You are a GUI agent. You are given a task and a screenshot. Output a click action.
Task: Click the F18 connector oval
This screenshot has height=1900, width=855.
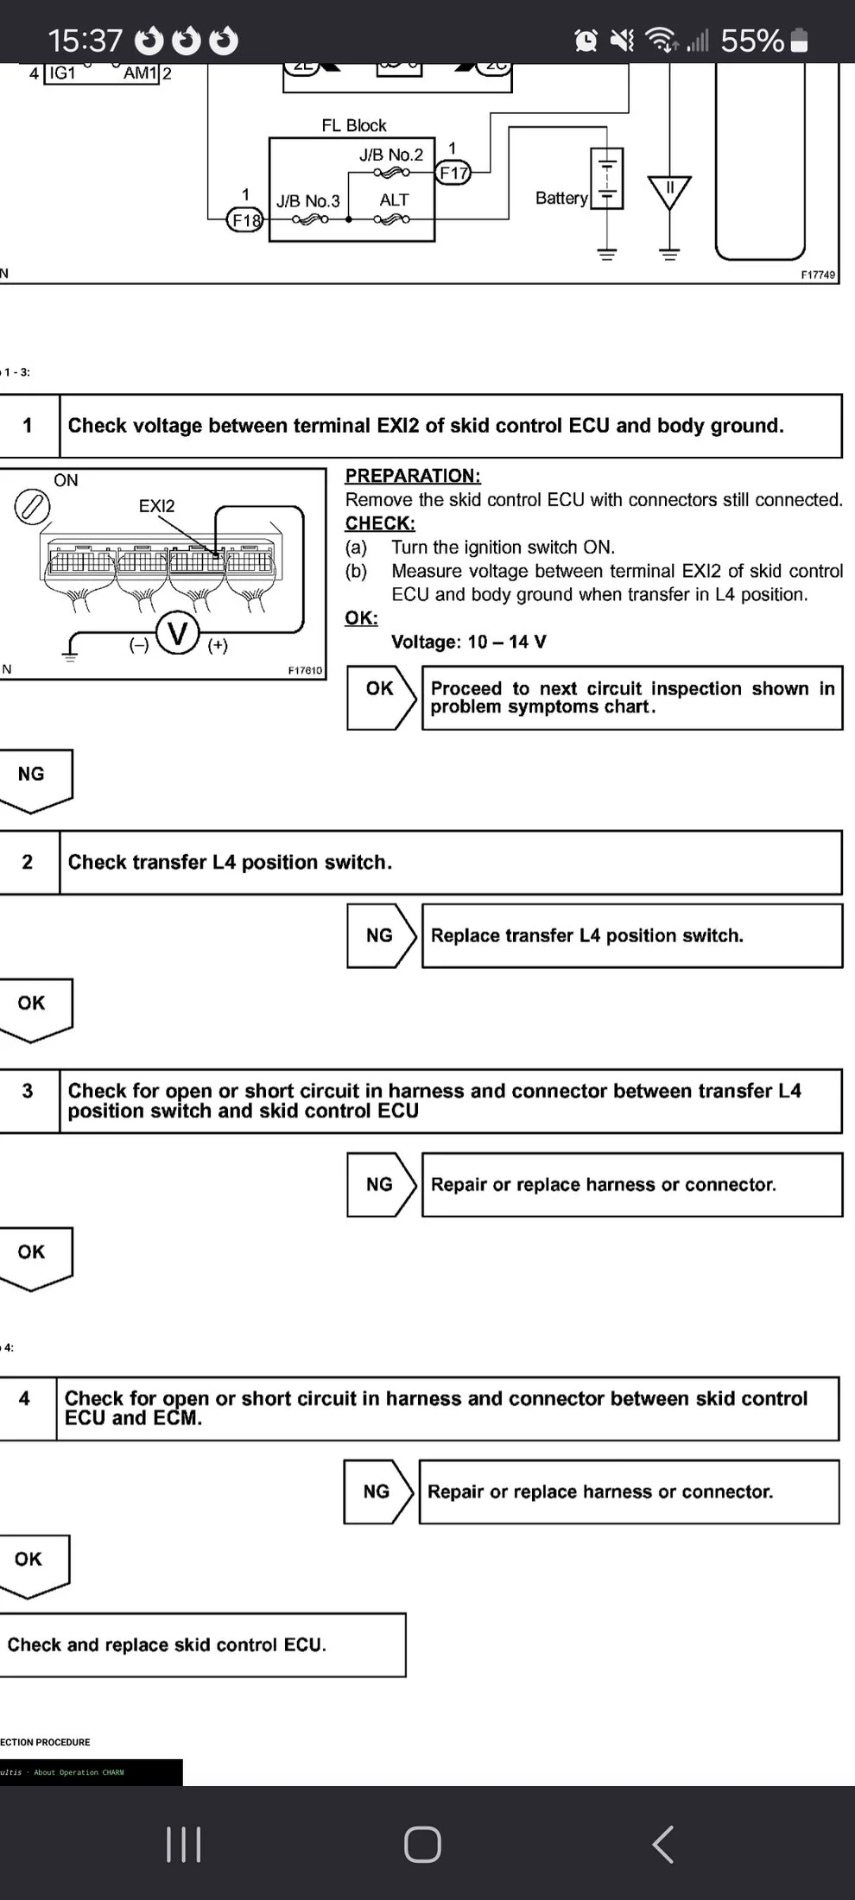245,220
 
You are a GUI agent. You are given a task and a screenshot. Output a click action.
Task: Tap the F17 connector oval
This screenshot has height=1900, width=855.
453,173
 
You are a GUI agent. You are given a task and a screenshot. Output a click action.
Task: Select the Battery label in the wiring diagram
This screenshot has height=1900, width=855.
561,198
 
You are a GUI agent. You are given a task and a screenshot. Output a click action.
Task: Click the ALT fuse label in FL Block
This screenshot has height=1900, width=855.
394,200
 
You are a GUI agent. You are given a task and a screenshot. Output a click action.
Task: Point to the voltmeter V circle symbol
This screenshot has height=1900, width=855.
178,634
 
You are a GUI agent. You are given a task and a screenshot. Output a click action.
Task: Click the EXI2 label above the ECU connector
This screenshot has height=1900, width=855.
156,506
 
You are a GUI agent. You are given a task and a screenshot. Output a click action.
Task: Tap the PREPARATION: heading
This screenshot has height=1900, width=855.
413,476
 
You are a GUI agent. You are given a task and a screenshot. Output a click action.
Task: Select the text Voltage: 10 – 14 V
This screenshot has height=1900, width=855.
468,642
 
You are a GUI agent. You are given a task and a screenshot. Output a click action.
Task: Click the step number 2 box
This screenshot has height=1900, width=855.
28,862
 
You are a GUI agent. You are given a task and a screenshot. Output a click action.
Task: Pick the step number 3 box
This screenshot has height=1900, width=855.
28,1091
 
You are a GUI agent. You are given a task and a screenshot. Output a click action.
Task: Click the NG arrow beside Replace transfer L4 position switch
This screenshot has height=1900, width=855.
381,935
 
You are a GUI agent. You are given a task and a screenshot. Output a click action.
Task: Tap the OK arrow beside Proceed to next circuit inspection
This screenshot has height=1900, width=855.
381,689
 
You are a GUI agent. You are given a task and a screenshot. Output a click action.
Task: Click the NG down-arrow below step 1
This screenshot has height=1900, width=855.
33,777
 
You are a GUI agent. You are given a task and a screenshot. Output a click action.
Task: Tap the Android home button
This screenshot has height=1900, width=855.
422,1844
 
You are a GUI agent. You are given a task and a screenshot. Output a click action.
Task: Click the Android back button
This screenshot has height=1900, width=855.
662,1844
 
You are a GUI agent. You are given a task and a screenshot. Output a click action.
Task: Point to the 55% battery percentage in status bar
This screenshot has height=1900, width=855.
751,41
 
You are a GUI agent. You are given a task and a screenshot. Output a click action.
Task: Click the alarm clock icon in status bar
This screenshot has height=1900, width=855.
586,40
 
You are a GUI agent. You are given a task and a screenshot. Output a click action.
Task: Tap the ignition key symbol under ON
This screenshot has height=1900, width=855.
32,507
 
